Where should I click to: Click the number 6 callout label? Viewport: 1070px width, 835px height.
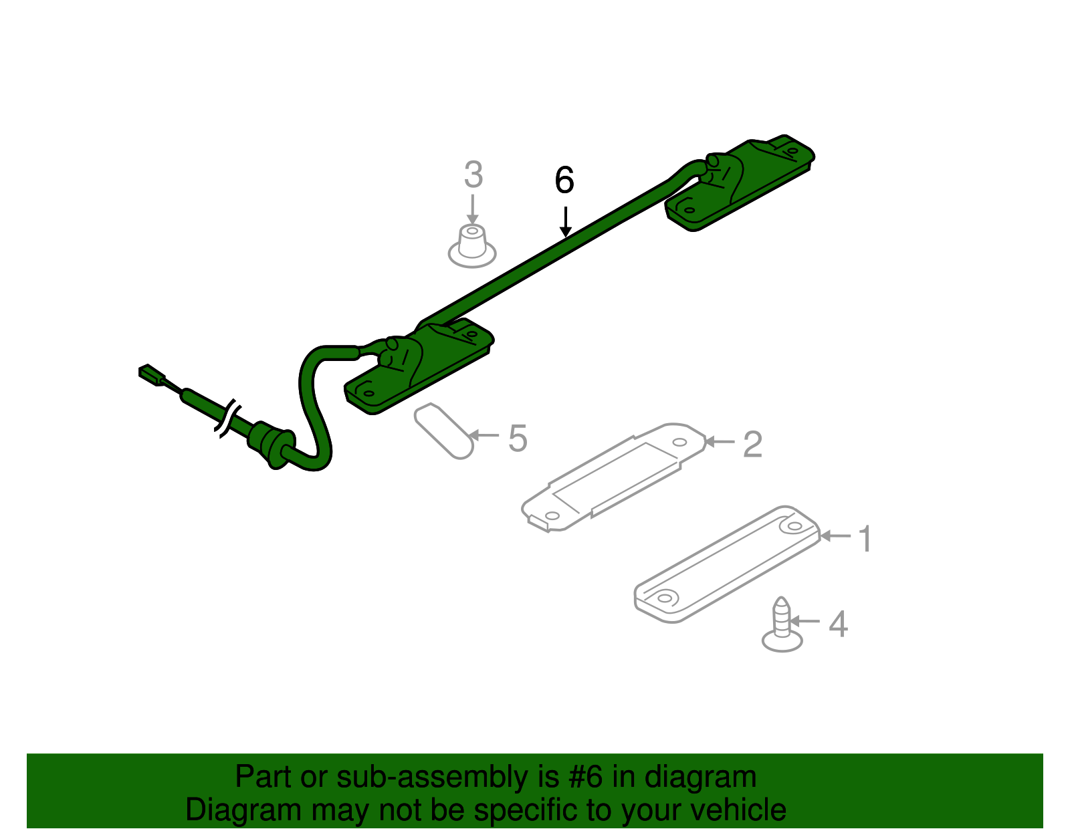tap(564, 181)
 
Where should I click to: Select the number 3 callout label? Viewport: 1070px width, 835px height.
tap(473, 175)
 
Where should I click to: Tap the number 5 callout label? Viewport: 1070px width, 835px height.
tap(518, 439)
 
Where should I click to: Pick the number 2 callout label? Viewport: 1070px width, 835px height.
tap(752, 445)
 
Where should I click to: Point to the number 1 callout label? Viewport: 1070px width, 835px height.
tap(865, 539)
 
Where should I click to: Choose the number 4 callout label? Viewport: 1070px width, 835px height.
tap(838, 624)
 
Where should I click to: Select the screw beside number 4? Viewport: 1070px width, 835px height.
tap(782, 625)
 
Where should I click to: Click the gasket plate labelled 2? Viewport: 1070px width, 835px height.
tap(613, 477)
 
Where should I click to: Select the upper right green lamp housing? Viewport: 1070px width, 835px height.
tap(739, 182)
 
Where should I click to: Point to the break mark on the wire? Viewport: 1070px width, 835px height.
tap(227, 418)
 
